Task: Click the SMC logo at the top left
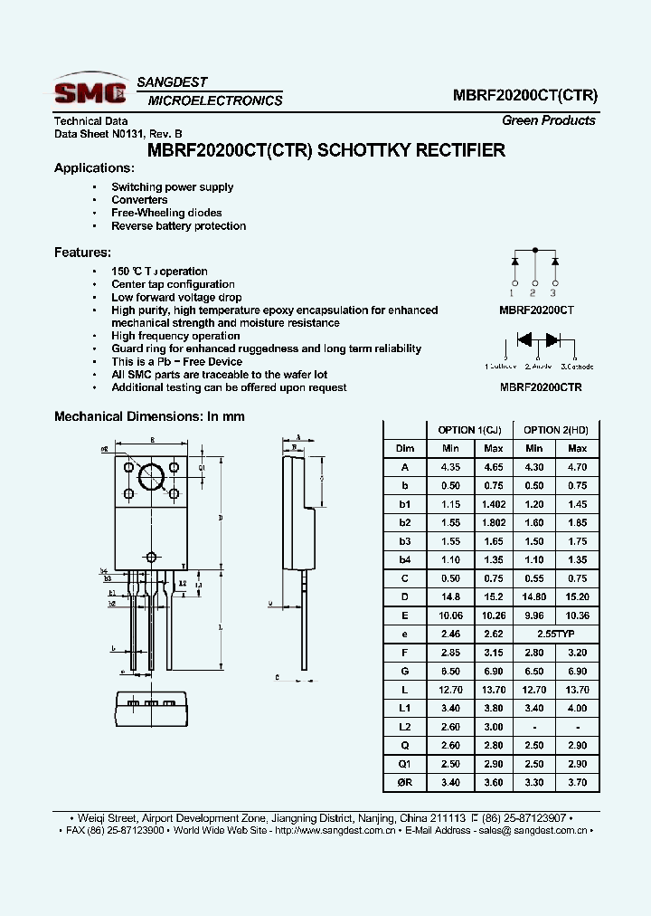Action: coord(89,91)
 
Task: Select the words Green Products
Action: coord(548,120)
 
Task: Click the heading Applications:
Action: coord(94,168)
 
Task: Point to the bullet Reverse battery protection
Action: coord(178,226)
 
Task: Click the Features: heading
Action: coord(82,253)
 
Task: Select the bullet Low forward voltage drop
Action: coord(176,297)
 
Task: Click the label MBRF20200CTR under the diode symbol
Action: coord(540,386)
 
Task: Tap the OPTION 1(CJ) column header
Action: coord(469,430)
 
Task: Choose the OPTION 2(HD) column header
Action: coord(556,430)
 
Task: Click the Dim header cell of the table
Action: coord(404,448)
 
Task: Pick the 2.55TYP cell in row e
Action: coord(556,634)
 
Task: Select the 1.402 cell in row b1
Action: coord(493,504)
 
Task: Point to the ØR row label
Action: coord(404,782)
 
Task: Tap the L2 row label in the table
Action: coord(404,727)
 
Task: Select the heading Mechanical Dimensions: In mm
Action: coord(149,416)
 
